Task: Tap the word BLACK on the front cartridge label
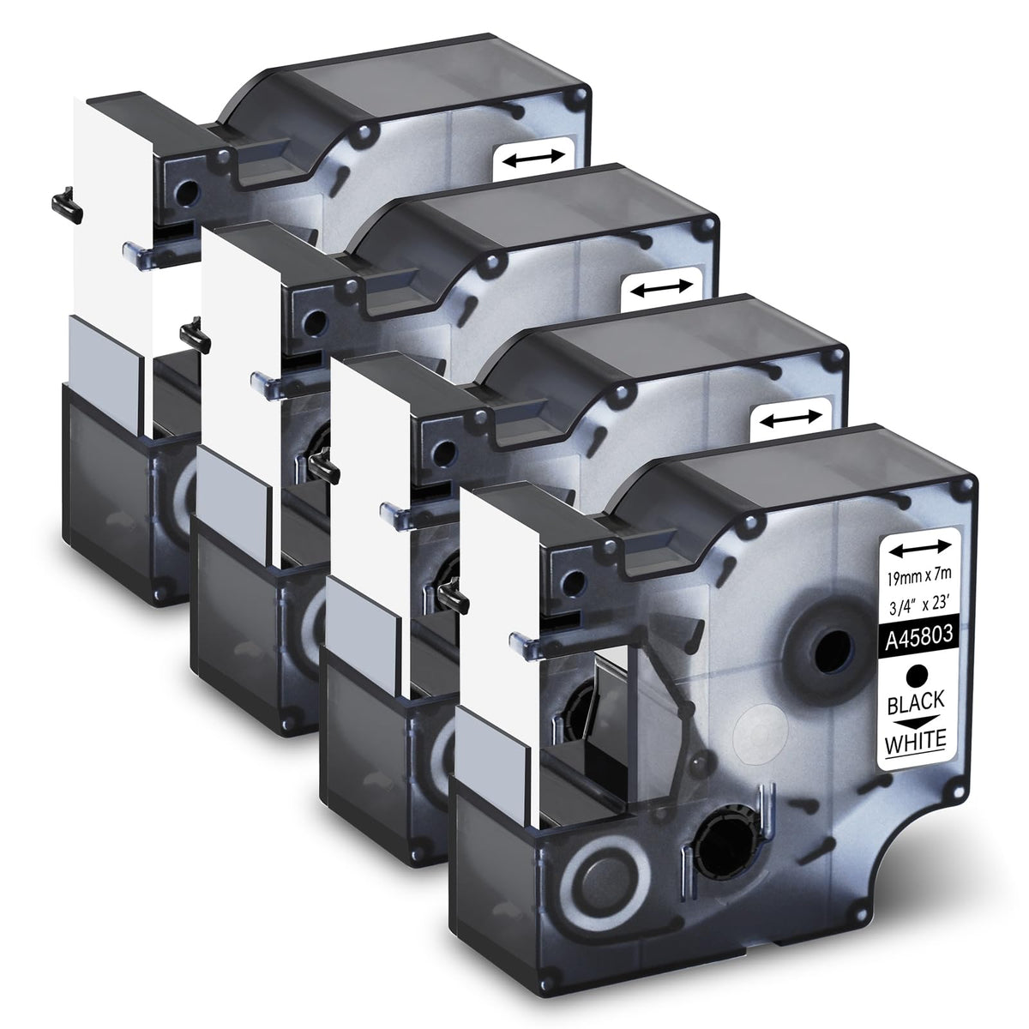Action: click(917, 702)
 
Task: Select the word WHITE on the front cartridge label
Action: click(917, 741)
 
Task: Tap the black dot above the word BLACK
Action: click(917, 675)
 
